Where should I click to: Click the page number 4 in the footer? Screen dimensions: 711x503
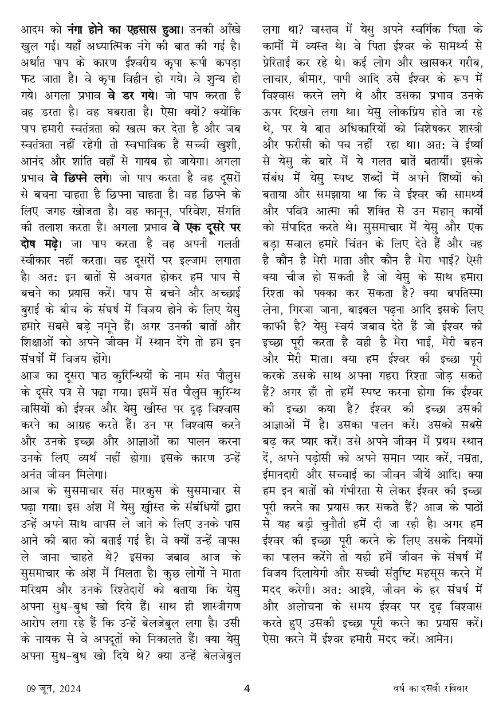coord(247,688)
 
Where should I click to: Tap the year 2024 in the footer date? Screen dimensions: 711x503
coord(69,689)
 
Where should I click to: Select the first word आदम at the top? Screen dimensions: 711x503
coord(33,29)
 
